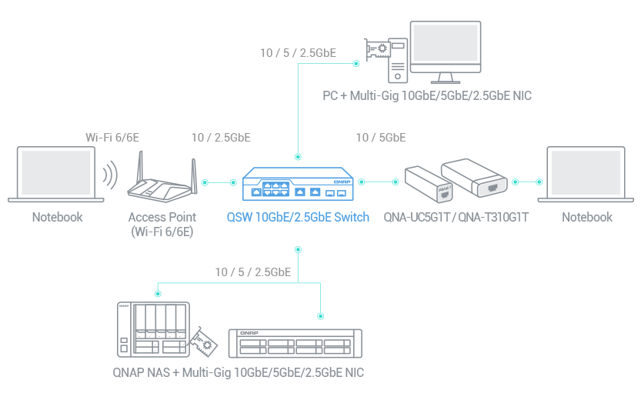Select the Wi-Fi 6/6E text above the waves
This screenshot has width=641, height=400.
(112, 138)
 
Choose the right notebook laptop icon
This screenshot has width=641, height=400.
(586, 176)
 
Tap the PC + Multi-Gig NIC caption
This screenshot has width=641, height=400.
(426, 96)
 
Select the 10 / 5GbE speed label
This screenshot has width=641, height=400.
(380, 138)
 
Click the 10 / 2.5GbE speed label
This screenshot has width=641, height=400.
(220, 138)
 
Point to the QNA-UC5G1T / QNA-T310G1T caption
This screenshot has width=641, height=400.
(456, 217)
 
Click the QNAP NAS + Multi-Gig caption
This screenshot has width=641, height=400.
(237, 373)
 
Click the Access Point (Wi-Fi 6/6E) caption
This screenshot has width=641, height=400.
(162, 224)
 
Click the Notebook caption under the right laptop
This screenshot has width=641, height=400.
(586, 217)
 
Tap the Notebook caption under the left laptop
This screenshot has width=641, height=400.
(57, 217)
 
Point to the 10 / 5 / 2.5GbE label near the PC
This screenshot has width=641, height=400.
(298, 53)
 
